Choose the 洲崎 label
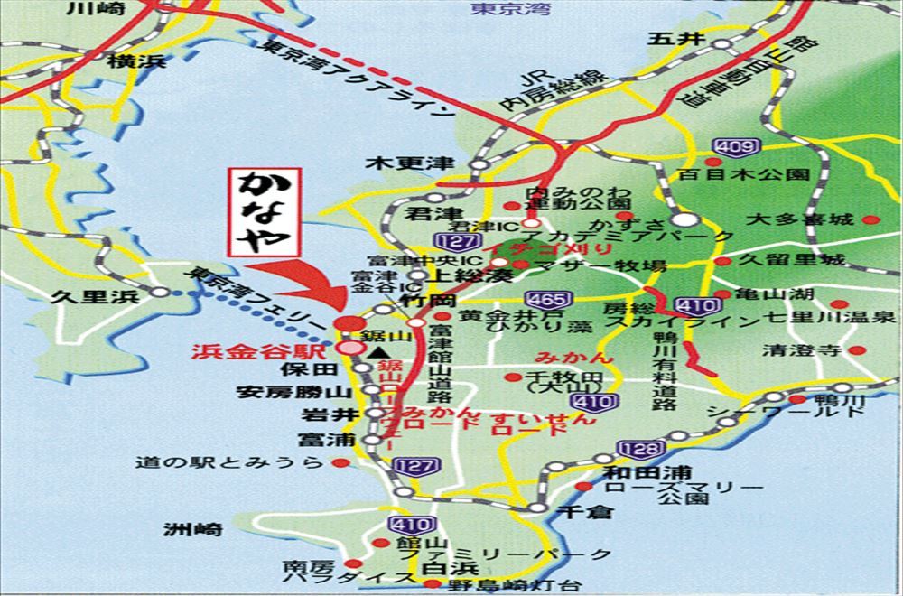pos(193,530)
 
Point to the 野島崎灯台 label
pos(498,585)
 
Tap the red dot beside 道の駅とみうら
pos(340,462)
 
